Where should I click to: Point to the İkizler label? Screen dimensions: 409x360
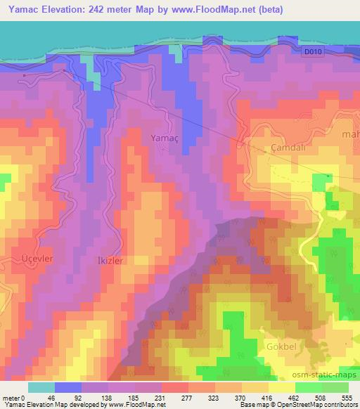coord(110,260)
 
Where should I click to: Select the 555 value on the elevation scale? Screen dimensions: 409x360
coord(347,397)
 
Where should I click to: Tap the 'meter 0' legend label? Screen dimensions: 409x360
coord(13,397)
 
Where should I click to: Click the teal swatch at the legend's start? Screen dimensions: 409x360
coord(41,387)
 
